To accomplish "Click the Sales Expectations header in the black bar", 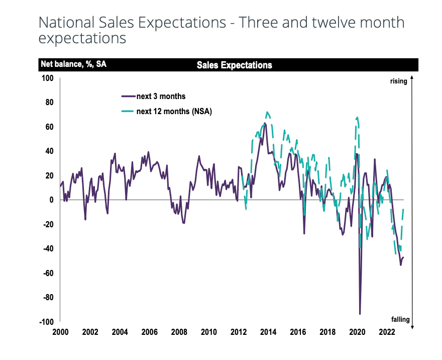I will pos(234,65).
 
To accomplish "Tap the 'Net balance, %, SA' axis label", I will pos(74,65).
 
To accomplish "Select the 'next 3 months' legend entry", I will pos(161,96).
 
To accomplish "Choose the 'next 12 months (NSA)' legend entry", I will pos(174,112).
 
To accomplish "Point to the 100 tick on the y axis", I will pos(47,78).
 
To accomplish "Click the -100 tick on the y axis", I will pos(46,322).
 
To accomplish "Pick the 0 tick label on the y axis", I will pos(51,200).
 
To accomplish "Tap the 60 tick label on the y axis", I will pos(49,127).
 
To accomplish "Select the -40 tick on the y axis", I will pos(48,248).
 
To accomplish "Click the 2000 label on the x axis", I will pos(60,332).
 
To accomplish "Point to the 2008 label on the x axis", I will pos(179,332).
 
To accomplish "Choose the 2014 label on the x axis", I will pos(268,332).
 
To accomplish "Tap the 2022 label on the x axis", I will pos(387,332).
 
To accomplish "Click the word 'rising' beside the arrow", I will pos(398,81).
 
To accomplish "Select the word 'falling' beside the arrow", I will pos(400,319).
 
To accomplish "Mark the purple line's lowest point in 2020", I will pos(360,314).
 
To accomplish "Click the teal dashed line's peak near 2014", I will pos(267,112).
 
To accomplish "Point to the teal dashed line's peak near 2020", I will pos(357,117).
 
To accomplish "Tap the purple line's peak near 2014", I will pos(265,123).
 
